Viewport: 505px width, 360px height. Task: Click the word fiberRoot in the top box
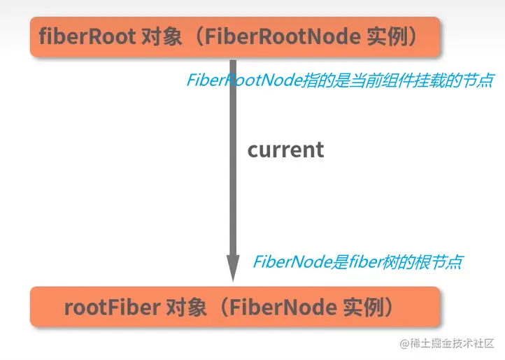[87, 36]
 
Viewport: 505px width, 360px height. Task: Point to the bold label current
[285, 150]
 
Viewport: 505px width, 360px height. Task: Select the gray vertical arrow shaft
[234, 161]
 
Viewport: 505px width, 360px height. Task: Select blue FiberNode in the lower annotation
[286, 263]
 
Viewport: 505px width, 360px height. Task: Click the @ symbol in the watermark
[404, 343]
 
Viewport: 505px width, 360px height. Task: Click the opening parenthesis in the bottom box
[219, 307]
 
